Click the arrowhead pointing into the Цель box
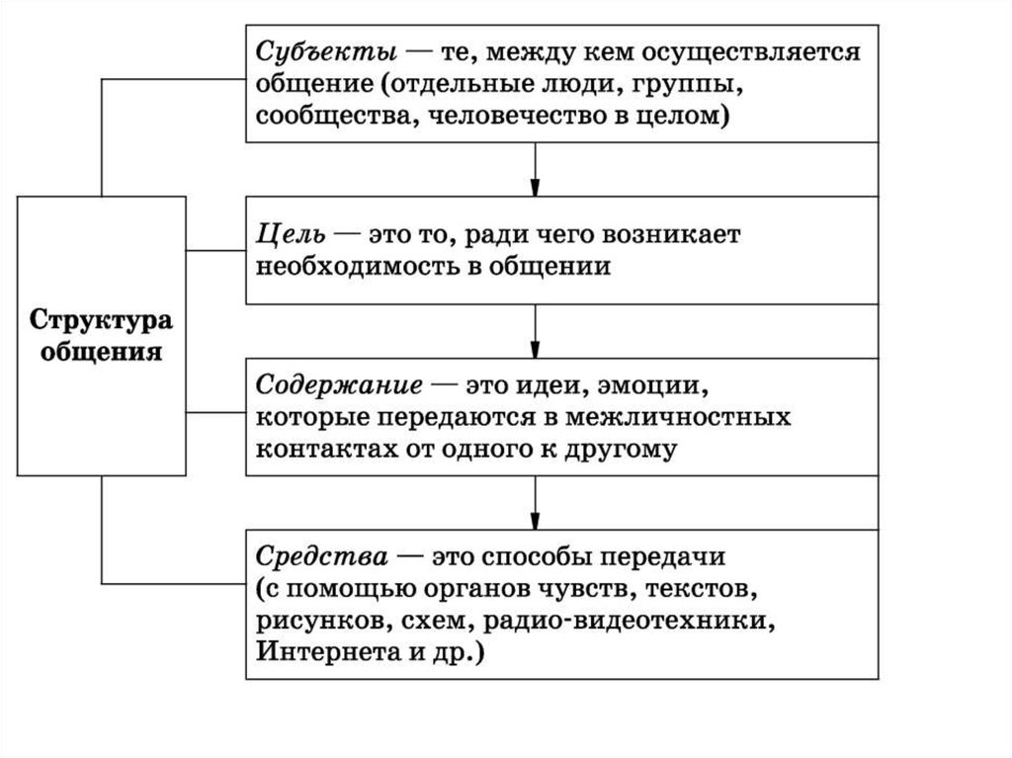click(x=534, y=185)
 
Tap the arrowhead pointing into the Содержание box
click(x=534, y=348)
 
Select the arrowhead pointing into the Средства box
click(x=534, y=519)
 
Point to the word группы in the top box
click(x=692, y=83)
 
